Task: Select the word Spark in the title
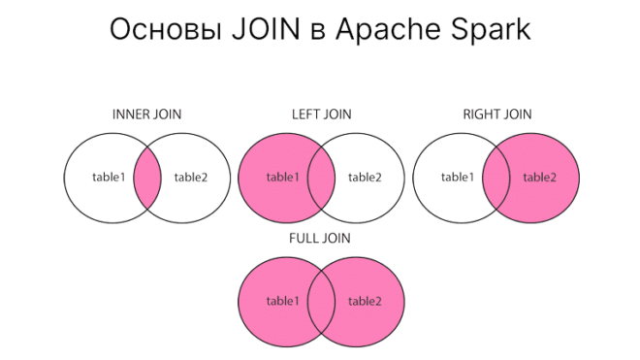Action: tap(487, 29)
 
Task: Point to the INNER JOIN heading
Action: tap(146, 114)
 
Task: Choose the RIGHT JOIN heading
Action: tap(497, 114)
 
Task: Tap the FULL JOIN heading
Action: tap(321, 237)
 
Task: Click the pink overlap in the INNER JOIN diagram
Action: tap(146, 178)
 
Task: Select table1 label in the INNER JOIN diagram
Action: tap(108, 178)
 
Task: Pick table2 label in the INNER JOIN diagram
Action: tap(190, 178)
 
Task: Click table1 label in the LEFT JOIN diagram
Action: tap(282, 178)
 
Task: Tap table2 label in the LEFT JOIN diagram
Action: tap(365, 178)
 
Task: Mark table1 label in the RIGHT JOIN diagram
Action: tap(457, 177)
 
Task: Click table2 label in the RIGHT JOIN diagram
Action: tap(539, 178)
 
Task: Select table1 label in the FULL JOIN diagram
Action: tap(282, 301)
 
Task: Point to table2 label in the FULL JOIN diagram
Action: tap(365, 301)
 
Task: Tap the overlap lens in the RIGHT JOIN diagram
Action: tap(496, 178)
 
